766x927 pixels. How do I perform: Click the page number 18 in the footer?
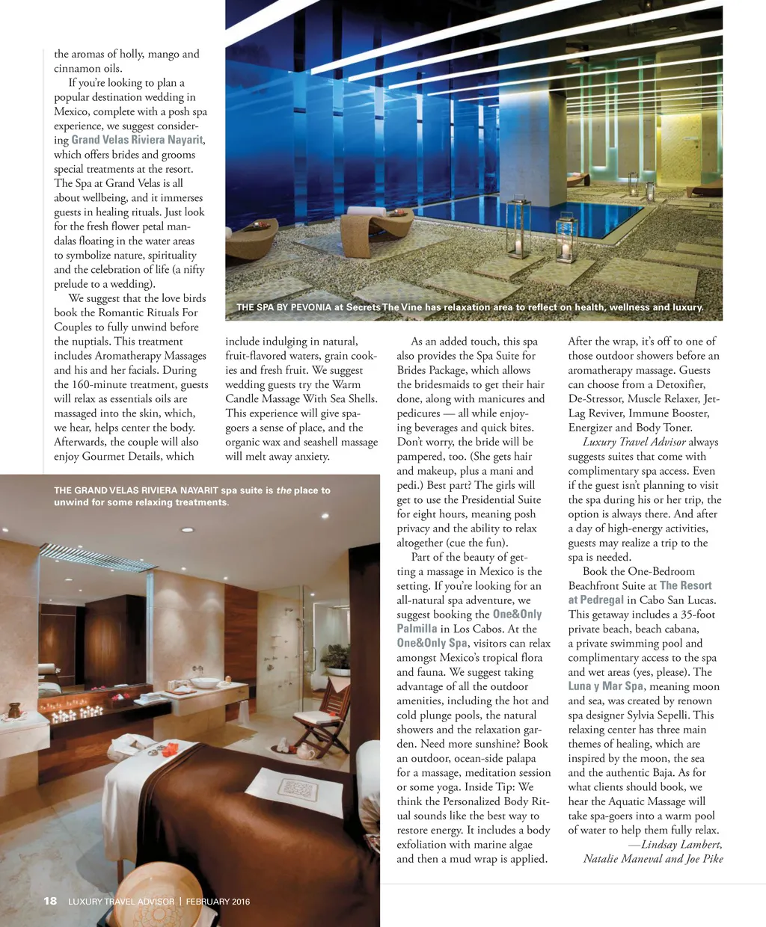pyautogui.click(x=50, y=901)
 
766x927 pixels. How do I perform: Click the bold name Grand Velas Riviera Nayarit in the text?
pyautogui.click(x=137, y=140)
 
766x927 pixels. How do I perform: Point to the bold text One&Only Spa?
pyautogui.click(x=432, y=643)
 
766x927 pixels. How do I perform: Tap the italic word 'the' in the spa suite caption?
pyautogui.click(x=284, y=490)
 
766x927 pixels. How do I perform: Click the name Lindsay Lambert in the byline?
pyautogui.click(x=681, y=845)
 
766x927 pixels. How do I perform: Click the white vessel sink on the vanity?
pyautogui.click(x=204, y=682)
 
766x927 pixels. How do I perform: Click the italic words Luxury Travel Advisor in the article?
pyautogui.click(x=634, y=442)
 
